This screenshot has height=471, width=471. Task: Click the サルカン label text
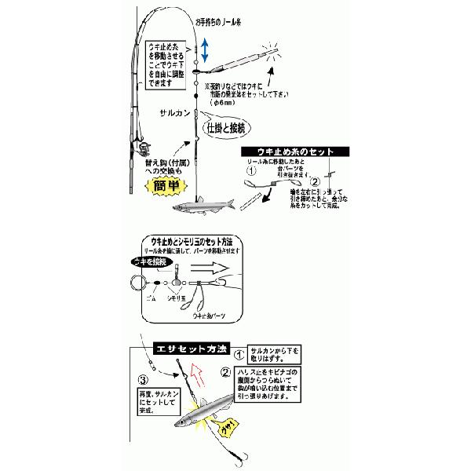tap(168, 112)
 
